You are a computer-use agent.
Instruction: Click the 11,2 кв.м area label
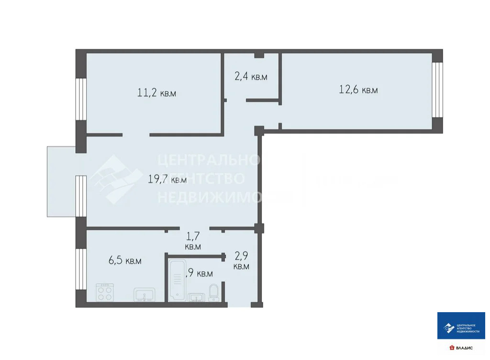(156, 93)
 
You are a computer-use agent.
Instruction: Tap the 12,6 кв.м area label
(358, 90)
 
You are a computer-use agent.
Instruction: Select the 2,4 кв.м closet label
(250, 77)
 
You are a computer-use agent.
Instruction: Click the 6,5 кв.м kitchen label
(125, 260)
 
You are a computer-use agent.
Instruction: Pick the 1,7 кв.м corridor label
(193, 241)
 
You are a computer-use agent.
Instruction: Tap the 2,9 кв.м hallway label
(241, 261)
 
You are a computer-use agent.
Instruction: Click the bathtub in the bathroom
(177, 280)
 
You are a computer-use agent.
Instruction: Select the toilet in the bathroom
(214, 292)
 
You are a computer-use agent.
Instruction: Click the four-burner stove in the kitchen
(106, 292)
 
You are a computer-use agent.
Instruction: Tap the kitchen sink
(144, 295)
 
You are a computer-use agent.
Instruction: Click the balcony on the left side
(61, 181)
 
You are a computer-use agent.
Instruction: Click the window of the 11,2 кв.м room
(81, 100)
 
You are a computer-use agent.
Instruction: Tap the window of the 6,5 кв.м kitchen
(81, 270)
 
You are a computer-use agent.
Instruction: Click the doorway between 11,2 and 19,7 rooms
(136, 135)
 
